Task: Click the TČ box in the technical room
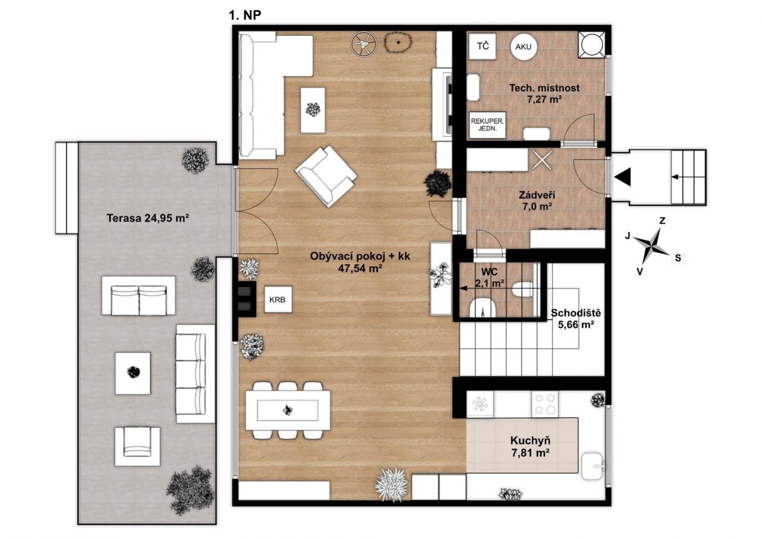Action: coord(482,46)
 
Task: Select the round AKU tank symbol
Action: coord(523,47)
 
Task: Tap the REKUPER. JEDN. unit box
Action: coord(487,125)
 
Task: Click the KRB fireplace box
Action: coord(278,299)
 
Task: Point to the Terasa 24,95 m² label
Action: coord(148,218)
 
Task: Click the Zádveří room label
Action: coord(537,195)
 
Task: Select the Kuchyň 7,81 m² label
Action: coord(530,447)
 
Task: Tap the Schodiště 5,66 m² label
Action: coord(576,319)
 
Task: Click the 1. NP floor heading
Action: coord(245,15)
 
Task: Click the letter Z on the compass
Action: coord(662,221)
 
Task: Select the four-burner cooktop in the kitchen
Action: coord(545,404)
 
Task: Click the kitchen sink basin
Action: coord(592,466)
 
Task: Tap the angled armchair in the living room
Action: coord(326,176)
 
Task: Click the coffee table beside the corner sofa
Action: coord(313,110)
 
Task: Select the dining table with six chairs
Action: coord(288,410)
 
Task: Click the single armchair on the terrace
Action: coord(137,446)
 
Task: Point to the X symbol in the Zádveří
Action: coord(542,160)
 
